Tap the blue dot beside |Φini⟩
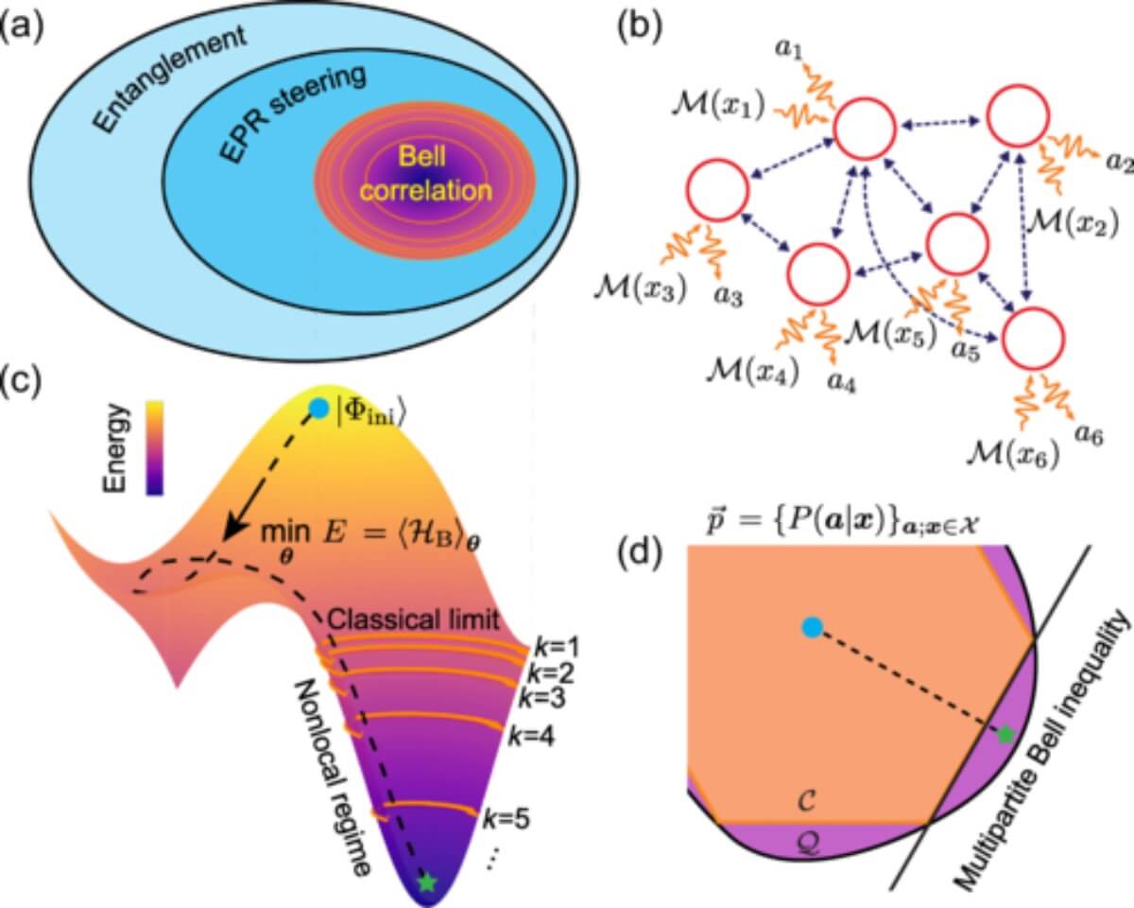tap(318, 409)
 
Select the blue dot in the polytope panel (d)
tap(810, 626)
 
